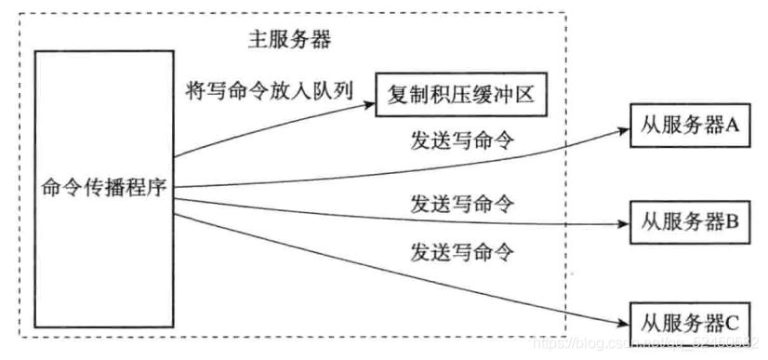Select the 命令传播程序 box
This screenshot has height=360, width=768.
(103, 185)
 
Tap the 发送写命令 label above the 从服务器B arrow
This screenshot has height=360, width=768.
(462, 201)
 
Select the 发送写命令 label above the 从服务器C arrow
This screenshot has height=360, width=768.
(462, 251)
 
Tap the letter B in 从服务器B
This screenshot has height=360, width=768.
(731, 223)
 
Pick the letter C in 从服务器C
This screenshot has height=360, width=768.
(731, 323)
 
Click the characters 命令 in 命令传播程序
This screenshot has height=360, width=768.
(60, 186)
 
